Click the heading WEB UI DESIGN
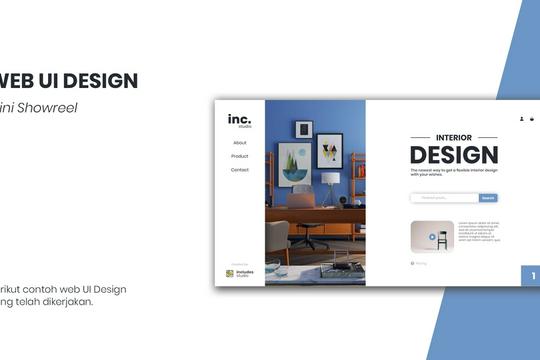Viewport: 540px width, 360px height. coord(68,82)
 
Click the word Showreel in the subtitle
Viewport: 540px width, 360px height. coord(45,107)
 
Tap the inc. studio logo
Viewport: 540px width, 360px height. coord(239,120)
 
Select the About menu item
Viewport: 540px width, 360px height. coord(240,143)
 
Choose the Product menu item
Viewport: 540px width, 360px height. coord(240,156)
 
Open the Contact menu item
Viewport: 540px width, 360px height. coord(240,170)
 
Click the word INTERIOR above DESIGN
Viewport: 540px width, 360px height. coord(453,137)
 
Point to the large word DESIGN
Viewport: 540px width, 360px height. coord(453,155)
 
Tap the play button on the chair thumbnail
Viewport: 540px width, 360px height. coord(432,237)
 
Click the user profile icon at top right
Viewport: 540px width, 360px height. coord(521,118)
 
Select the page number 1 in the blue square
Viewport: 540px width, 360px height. coord(533,276)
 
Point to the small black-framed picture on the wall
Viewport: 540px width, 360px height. coord(304,129)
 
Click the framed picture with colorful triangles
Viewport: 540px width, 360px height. coord(329,150)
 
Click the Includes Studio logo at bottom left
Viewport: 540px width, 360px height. coord(239,273)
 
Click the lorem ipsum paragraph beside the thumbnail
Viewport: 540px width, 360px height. coord(478,231)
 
